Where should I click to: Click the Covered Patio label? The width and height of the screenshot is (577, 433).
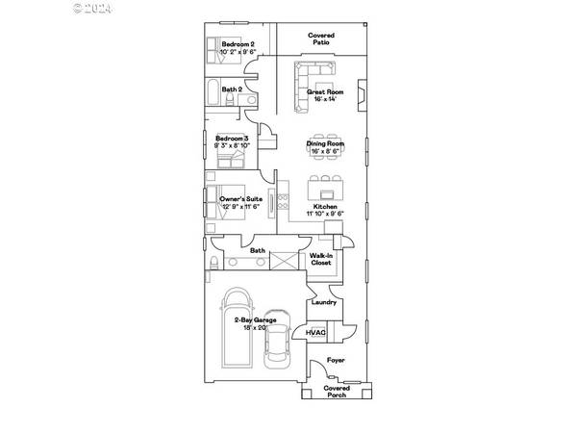(x=320, y=39)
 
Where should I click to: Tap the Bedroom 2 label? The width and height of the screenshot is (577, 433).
(x=238, y=44)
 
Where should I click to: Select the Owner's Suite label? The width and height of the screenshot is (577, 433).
(x=241, y=198)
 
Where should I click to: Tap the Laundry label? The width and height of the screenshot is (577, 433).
(x=324, y=302)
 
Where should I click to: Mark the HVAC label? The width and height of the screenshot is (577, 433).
(x=316, y=332)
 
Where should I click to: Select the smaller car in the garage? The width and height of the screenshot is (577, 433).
(x=277, y=348)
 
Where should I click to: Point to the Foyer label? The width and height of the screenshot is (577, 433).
(x=335, y=360)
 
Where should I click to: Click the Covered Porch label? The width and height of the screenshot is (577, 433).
(x=336, y=392)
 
